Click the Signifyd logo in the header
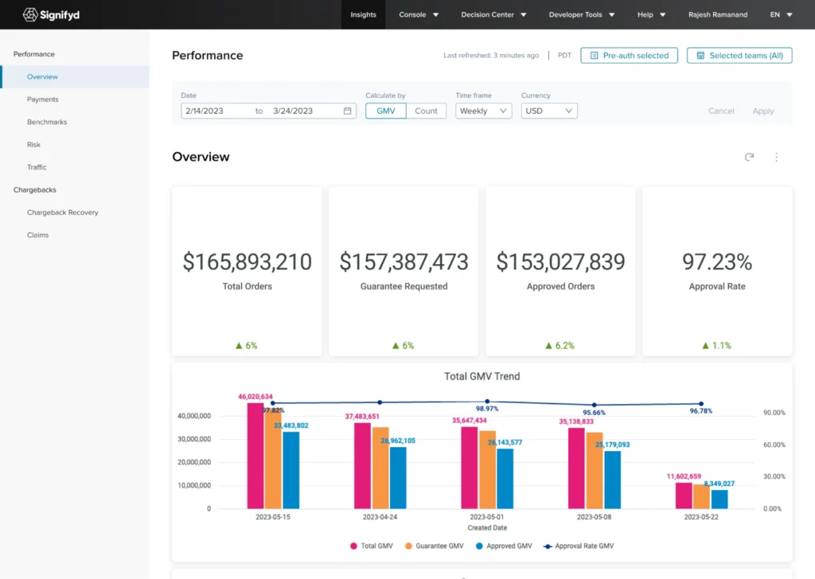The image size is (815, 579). (51, 14)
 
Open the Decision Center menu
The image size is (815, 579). (493, 14)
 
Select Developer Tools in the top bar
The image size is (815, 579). (581, 14)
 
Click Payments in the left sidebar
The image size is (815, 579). (43, 99)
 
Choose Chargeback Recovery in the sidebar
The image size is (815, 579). (63, 212)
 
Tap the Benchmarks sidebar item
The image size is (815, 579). (47, 122)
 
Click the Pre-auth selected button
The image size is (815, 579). (629, 56)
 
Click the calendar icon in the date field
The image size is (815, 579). (348, 111)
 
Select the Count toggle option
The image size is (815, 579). (426, 111)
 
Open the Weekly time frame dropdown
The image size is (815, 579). (483, 111)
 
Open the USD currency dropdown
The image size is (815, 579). (549, 111)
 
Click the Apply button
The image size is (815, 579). (762, 111)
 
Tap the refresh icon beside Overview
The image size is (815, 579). (749, 157)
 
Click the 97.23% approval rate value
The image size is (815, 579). (717, 262)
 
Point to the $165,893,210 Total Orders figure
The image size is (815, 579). (247, 262)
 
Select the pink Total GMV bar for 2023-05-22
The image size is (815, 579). (684, 495)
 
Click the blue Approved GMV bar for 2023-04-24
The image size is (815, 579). (398, 477)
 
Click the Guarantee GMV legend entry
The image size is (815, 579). (434, 546)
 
